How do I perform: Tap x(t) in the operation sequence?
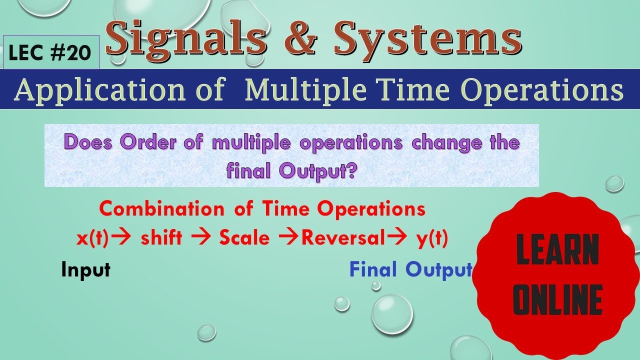tap(92, 238)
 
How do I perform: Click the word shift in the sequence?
tap(161, 238)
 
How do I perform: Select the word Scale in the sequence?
tap(244, 238)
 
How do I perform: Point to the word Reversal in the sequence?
tap(341, 238)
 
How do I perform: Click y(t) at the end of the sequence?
tap(431, 238)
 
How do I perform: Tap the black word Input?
tap(85, 270)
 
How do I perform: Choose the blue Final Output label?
tap(410, 270)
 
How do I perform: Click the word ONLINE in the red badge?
tap(557, 300)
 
